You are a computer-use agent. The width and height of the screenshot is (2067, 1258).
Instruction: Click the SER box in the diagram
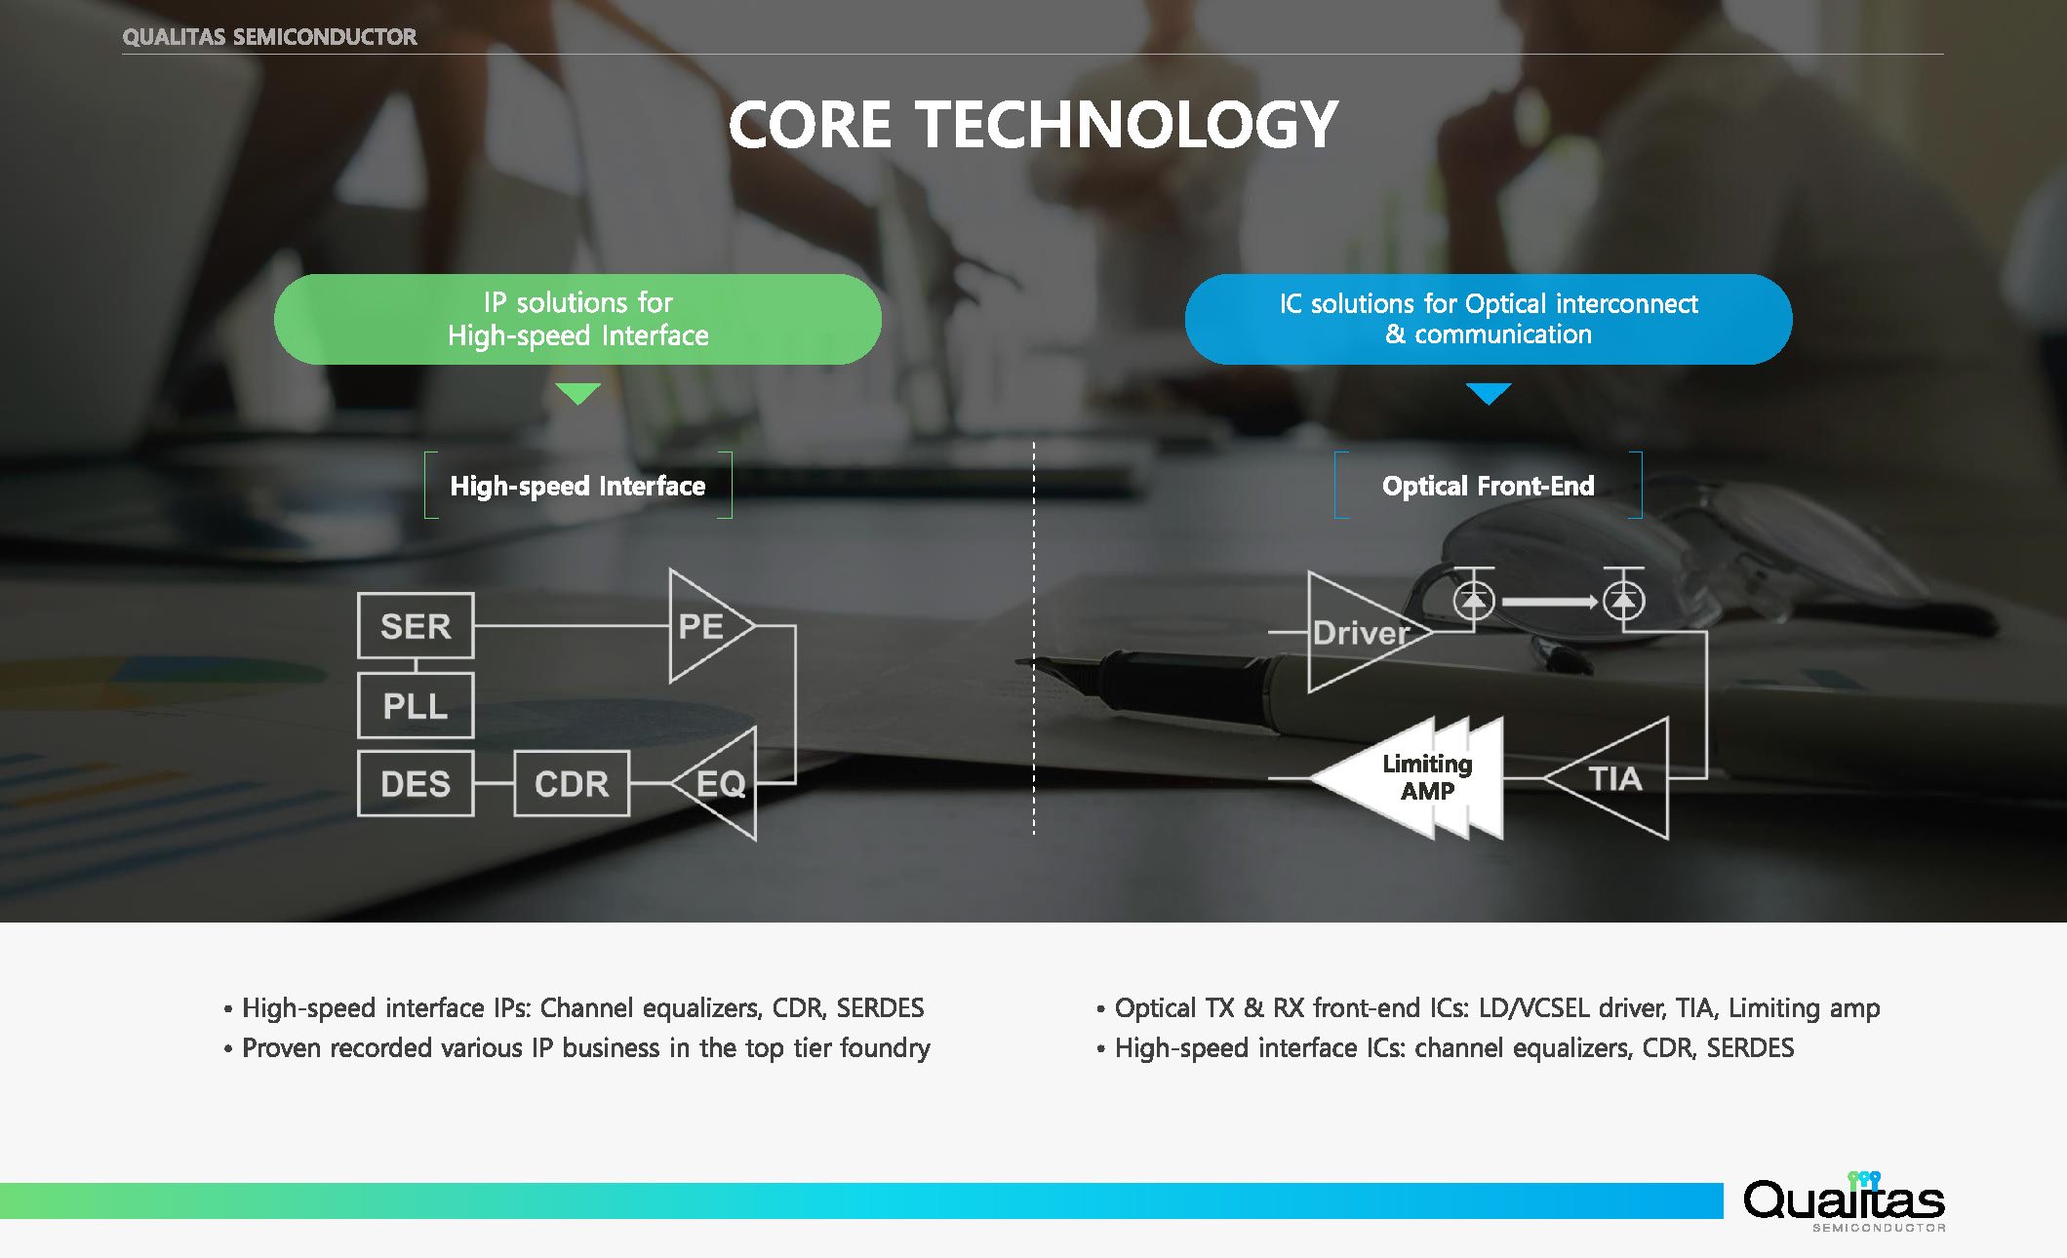(416, 626)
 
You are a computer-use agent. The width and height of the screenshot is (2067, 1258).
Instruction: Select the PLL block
(416, 705)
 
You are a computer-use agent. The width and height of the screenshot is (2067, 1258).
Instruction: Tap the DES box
(416, 783)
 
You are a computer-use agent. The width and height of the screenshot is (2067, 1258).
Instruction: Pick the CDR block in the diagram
(572, 783)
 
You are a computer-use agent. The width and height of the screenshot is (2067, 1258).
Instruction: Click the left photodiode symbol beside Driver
(1474, 601)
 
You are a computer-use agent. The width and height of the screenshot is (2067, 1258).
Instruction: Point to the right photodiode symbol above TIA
(1623, 601)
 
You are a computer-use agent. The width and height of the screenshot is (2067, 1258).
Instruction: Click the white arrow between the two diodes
(1549, 602)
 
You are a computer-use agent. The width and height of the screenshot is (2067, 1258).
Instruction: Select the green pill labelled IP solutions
(577, 319)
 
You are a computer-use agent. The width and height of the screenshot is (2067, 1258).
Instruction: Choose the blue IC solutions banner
(1489, 319)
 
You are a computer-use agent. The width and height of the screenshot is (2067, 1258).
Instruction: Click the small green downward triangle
(577, 392)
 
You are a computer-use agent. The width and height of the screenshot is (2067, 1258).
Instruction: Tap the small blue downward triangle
(1489, 392)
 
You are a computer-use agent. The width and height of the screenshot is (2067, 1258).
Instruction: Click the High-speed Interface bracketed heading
(577, 486)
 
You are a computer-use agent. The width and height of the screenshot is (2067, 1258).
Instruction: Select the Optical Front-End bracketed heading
(1489, 486)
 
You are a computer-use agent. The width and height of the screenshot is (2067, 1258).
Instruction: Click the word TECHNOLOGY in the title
(1127, 125)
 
